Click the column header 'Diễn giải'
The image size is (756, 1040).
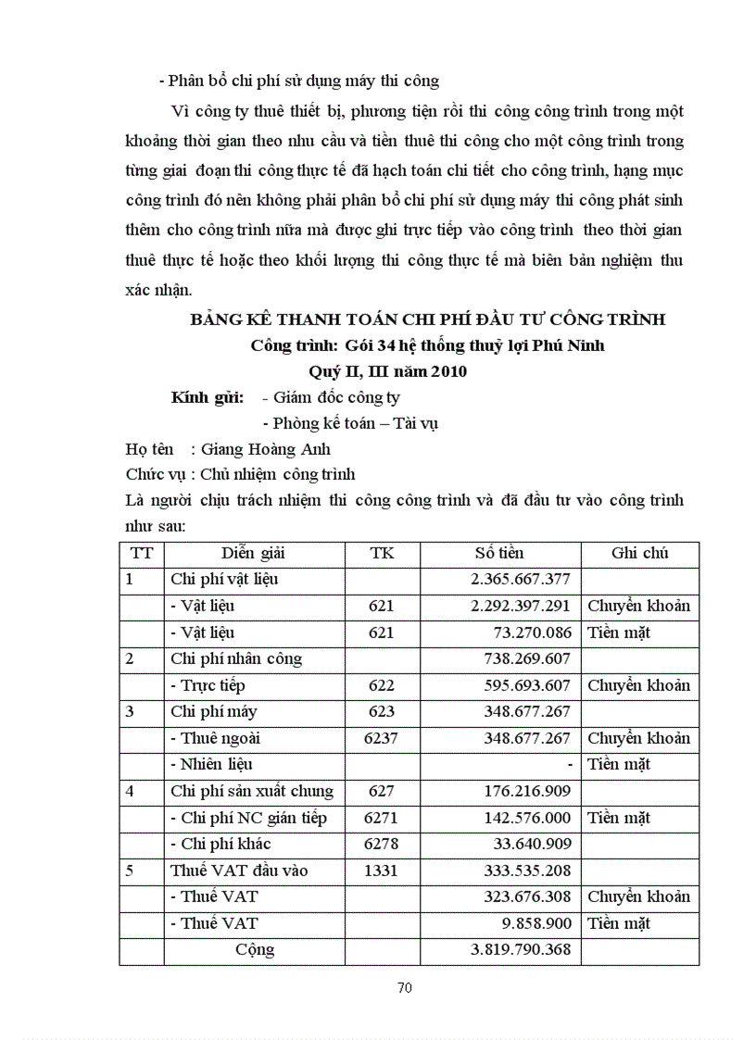coord(252,553)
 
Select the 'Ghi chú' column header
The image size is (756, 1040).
coord(639,553)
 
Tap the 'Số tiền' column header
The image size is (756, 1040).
coord(499,553)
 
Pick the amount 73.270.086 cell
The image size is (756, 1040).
coord(533,633)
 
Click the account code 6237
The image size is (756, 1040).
coord(381,739)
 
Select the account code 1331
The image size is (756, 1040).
coord(381,871)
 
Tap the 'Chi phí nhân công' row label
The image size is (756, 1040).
coord(236,659)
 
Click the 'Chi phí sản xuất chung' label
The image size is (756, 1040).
coord(252,792)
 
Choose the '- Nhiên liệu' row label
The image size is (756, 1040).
coord(211,765)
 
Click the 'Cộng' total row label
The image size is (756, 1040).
coord(254,950)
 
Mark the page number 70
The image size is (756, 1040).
coord(404,987)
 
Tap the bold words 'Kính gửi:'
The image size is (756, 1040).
coord(208,398)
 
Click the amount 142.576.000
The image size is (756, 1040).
coord(528,818)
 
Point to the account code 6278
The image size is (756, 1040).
coord(381,845)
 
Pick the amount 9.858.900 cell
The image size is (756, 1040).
coord(536,923)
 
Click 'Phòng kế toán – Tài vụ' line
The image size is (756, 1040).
coord(350,424)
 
